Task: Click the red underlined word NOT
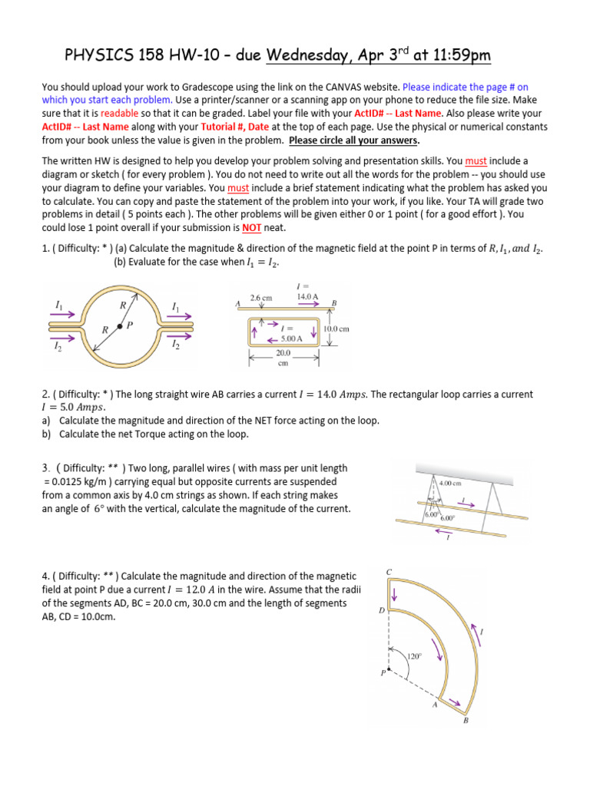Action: [x=252, y=228]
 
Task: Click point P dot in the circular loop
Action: [x=119, y=327]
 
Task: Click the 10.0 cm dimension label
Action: [x=336, y=329]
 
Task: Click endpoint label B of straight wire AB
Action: [x=333, y=302]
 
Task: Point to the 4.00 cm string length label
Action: [x=451, y=484]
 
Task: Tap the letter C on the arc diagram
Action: [x=389, y=573]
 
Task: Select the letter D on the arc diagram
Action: [x=382, y=611]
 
